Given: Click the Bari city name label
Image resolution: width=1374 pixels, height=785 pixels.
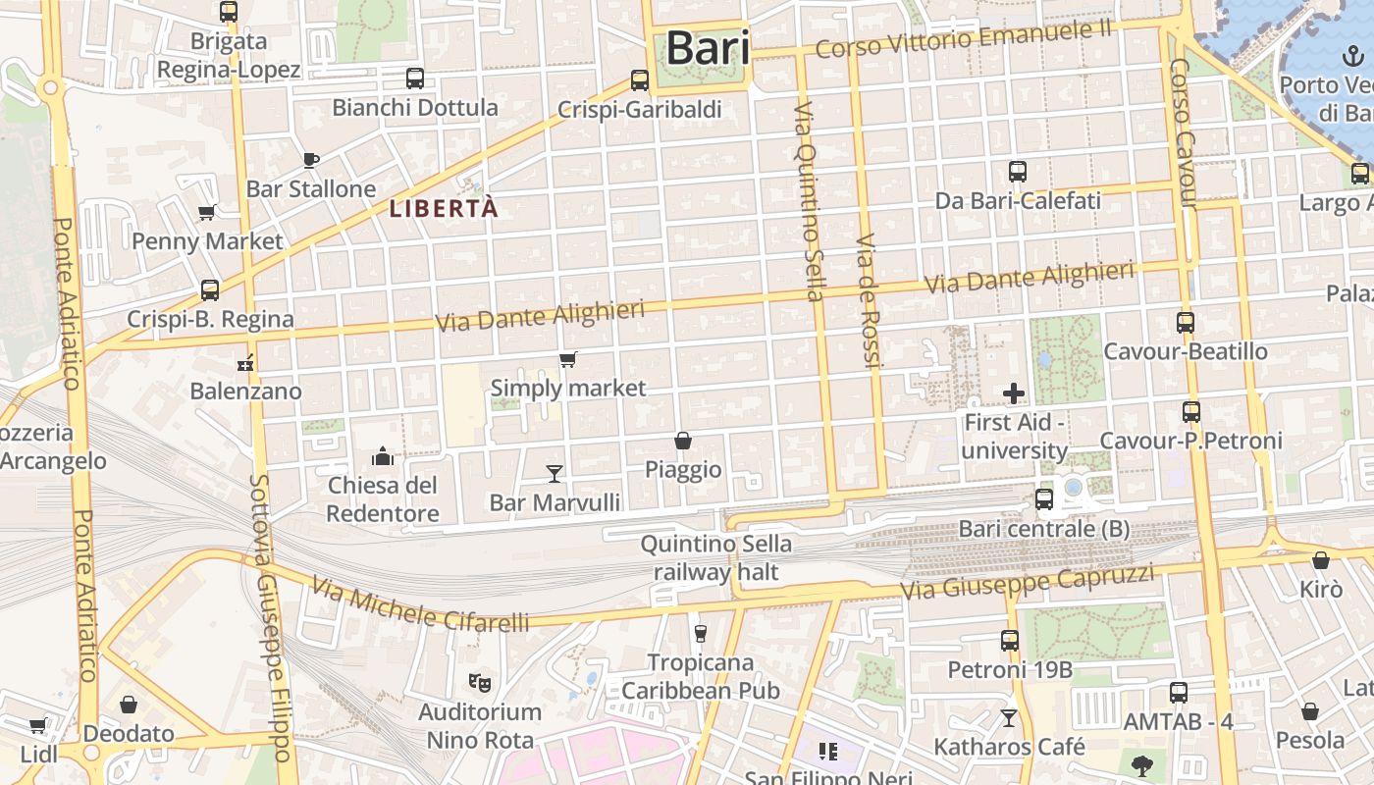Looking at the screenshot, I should coord(708,48).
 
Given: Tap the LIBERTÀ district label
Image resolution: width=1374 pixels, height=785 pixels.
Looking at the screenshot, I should coord(444,208).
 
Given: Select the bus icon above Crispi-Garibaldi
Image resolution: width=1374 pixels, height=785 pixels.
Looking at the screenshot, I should coord(640,80).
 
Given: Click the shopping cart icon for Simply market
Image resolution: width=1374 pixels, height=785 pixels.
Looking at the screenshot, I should coord(567,360).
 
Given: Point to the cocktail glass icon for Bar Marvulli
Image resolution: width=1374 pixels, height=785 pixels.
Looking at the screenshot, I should coord(555,474).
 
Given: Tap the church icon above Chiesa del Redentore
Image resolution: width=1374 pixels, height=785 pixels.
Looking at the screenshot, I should coord(382,456).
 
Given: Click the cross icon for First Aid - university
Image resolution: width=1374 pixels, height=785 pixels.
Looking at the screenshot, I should coord(1014,393).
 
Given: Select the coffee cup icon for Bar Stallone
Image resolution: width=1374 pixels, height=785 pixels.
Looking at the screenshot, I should coord(310,160).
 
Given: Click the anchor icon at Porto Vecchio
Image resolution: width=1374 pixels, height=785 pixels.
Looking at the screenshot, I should coord(1353,55).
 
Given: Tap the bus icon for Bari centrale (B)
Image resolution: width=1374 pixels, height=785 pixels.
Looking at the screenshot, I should coord(1044,498).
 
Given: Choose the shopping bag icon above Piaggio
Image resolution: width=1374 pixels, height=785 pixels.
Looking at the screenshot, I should coord(683,441).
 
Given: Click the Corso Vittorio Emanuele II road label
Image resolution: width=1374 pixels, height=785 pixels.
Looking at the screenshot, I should coord(963,38).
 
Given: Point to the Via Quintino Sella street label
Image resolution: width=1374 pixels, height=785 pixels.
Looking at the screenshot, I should coord(807,200).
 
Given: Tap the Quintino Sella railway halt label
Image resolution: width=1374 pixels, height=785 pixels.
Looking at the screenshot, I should coord(715,557).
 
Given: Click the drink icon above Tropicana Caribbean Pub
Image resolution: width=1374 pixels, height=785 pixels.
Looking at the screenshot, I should coord(700,633).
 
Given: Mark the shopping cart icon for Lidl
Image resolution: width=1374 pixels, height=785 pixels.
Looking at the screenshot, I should coord(37,726).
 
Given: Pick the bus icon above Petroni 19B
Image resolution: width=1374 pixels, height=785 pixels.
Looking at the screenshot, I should coord(1010,641).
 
